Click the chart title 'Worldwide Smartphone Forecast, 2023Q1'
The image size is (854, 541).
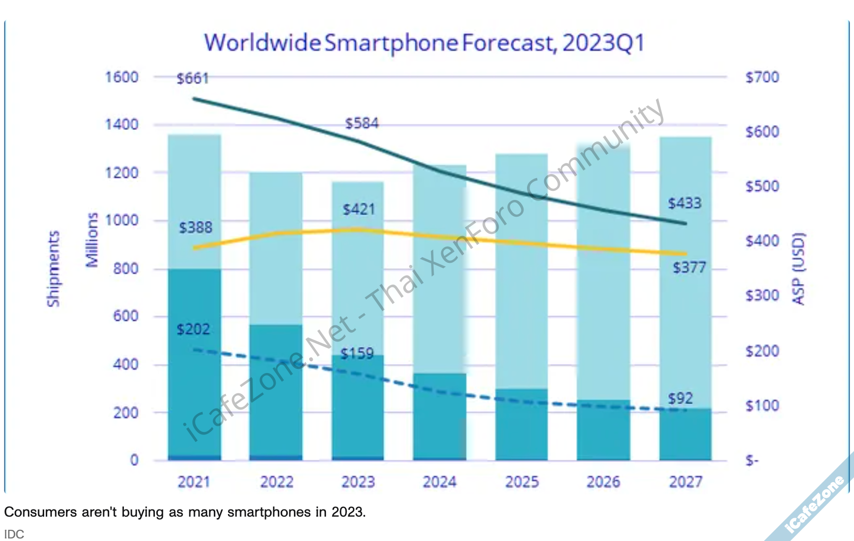click(424, 43)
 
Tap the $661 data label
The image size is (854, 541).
click(192, 79)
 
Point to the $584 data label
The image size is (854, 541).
click(362, 123)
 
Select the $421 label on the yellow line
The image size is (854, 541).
click(358, 210)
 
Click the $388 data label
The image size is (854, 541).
click(195, 227)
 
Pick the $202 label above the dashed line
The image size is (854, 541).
click(193, 330)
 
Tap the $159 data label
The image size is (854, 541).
click(357, 354)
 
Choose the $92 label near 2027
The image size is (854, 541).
click(680, 398)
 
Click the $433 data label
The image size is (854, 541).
click(684, 204)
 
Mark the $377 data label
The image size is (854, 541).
click(689, 267)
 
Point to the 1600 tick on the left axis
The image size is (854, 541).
click(121, 78)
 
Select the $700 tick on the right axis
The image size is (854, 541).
click(762, 78)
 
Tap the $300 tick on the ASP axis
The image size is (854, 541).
click(762, 295)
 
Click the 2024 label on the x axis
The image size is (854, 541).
click(440, 482)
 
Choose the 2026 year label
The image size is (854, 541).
click(603, 482)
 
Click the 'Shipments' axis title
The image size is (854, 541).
click(53, 269)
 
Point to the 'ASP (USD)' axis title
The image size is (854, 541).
click(799, 269)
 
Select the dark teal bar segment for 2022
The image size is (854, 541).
click(276, 391)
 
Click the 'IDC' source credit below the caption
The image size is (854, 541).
click(14, 534)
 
